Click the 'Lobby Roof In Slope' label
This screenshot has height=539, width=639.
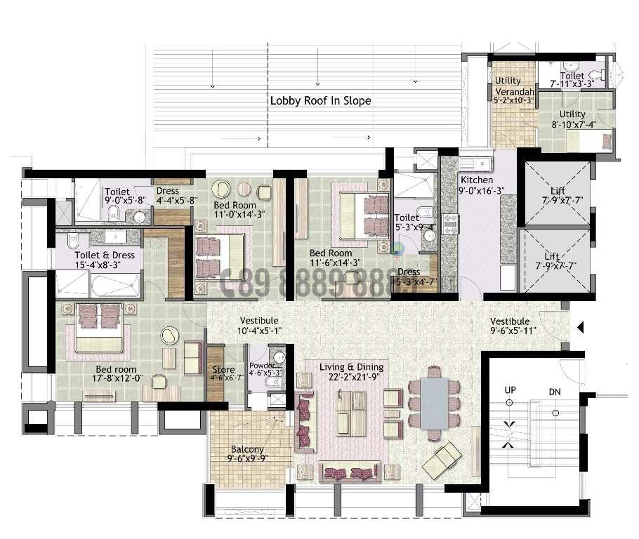point(320,100)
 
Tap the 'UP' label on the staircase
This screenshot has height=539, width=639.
point(510,390)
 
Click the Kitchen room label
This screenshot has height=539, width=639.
point(477,180)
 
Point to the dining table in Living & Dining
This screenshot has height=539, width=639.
point(434,403)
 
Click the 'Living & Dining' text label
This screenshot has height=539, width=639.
point(351,367)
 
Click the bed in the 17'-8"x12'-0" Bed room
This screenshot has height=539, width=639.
point(98,328)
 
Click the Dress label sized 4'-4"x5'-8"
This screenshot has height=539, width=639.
point(168,190)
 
